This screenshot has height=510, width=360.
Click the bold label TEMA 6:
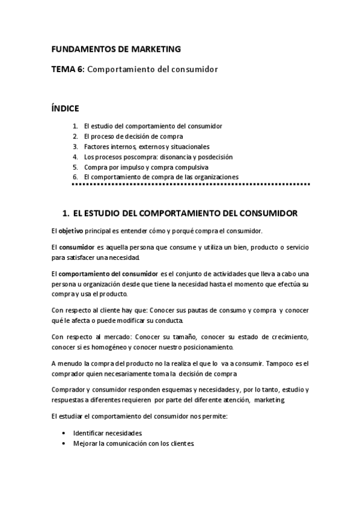click(69, 70)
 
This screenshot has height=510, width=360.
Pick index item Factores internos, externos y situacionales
click(147, 147)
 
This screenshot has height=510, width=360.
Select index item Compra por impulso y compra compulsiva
click(146, 167)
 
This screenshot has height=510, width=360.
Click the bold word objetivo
click(71, 231)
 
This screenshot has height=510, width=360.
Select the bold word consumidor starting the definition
click(77, 248)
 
